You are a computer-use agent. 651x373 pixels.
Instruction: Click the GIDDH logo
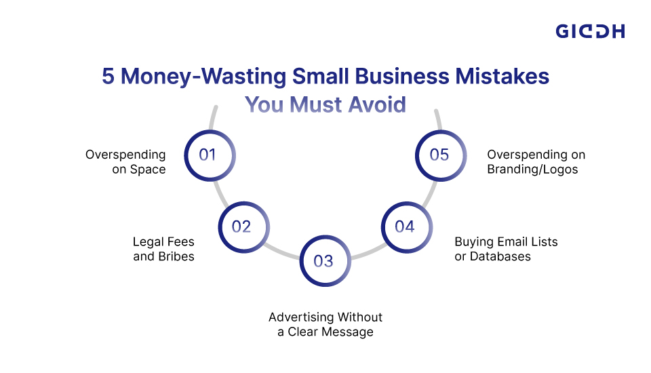[590, 31]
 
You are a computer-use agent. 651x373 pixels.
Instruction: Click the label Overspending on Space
[125, 161]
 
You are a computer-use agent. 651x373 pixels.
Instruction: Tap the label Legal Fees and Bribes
[163, 249]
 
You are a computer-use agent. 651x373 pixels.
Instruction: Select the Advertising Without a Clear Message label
[325, 324]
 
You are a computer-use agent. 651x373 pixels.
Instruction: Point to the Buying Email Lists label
[506, 249]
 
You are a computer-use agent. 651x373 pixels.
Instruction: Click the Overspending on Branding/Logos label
[536, 161]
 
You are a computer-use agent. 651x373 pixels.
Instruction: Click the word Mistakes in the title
[502, 76]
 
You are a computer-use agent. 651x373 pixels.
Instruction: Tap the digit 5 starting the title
[108, 77]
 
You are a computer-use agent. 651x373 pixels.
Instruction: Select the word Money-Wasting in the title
[203, 77]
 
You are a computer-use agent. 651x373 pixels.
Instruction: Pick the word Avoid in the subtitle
[377, 104]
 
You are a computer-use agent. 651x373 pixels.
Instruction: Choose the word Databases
[500, 256]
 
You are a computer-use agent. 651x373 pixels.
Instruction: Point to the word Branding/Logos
[532, 170]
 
